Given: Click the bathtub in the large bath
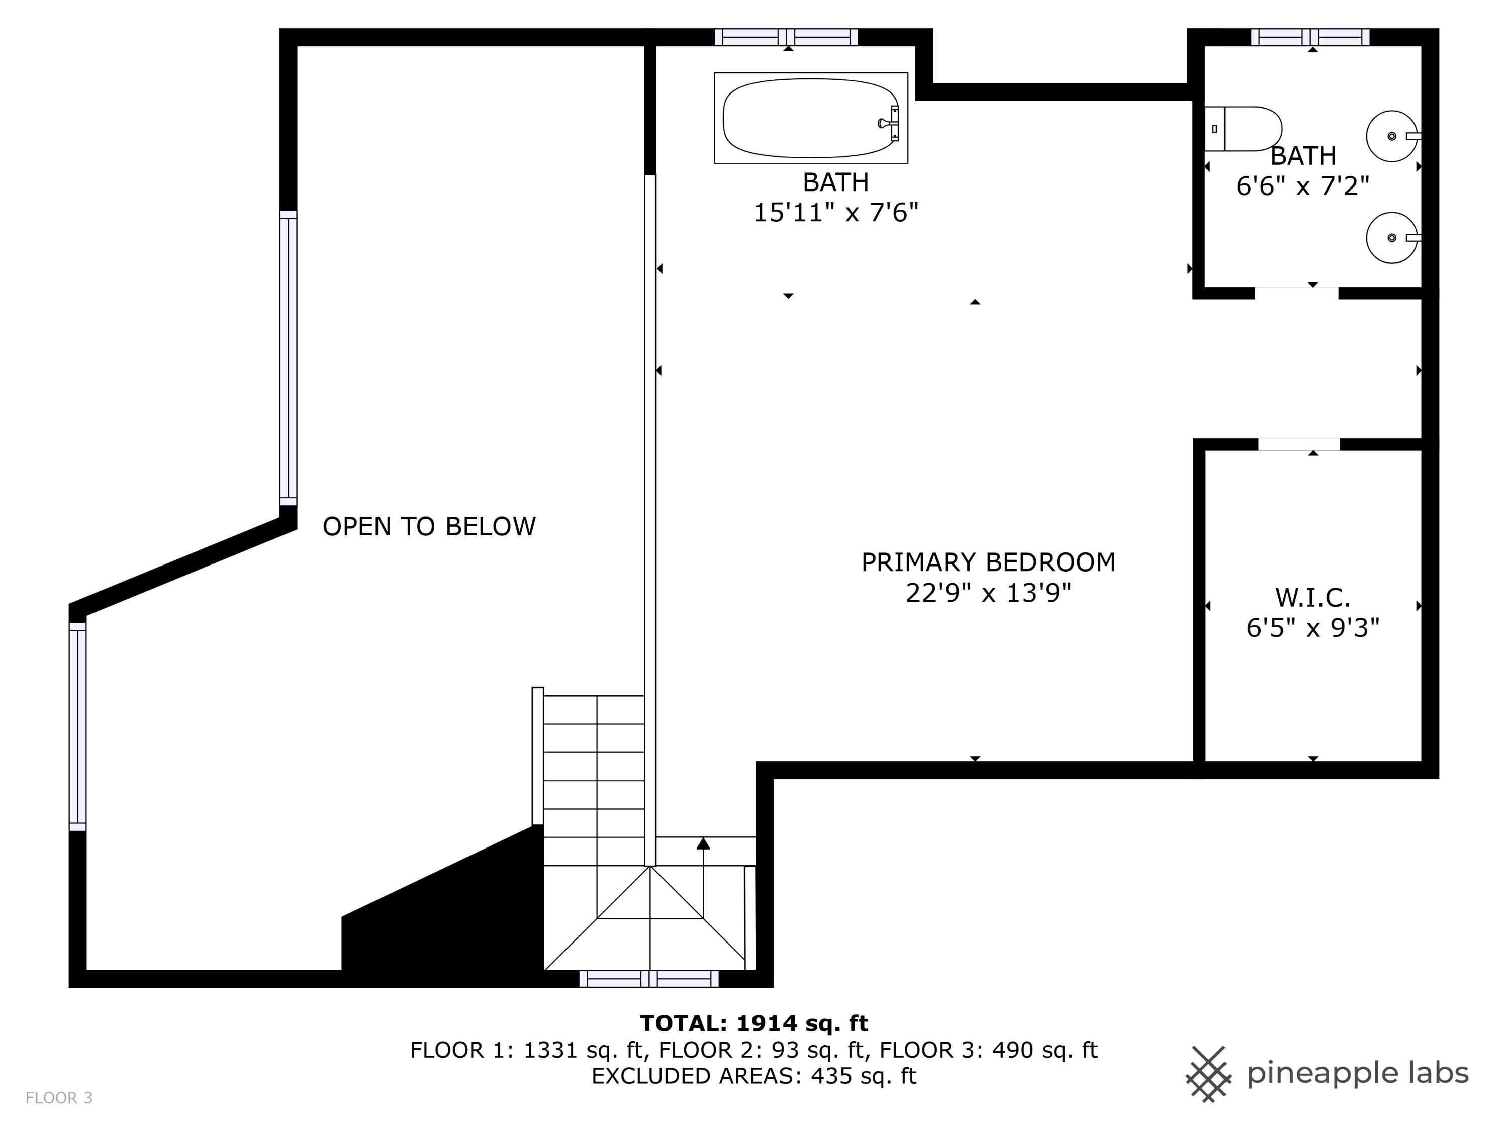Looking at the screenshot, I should click(x=811, y=118).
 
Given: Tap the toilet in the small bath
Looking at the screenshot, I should click(x=1243, y=129).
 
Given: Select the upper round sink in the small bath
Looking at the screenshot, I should click(x=1391, y=136).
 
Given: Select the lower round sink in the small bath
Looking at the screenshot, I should click(x=1391, y=238).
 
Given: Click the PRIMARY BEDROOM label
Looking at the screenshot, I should click(x=988, y=562).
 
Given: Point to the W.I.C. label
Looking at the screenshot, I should click(x=1312, y=598).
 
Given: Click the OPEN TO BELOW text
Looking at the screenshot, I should click(x=429, y=527).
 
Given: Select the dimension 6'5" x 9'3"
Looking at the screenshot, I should click(x=1312, y=628).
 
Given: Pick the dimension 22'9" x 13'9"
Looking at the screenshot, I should click(x=988, y=593).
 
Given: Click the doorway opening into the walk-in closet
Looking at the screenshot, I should click(x=1299, y=444).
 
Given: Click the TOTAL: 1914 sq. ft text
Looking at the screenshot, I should click(x=753, y=1023).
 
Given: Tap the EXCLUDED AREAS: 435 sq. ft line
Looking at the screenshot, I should click(x=753, y=1076).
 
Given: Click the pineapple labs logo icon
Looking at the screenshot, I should click(x=1208, y=1074).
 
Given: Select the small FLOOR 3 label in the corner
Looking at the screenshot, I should click(x=59, y=1098).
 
